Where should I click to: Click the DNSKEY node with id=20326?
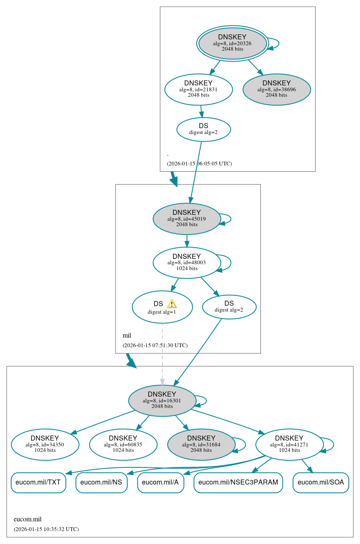click(232, 43)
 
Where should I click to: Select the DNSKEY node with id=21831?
click(198, 89)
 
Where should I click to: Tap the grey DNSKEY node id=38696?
click(276, 89)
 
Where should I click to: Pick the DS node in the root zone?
click(203, 129)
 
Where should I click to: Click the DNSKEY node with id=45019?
click(187, 219)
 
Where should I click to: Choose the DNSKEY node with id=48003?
click(187, 263)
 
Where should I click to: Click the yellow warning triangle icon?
click(172, 304)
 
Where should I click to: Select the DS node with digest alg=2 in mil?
click(229, 307)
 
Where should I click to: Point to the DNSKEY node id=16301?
click(162, 400)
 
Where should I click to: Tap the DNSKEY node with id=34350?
click(45, 444)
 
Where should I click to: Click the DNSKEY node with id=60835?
click(123, 444)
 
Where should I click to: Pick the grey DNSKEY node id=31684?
click(201, 444)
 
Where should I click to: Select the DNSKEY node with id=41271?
click(289, 444)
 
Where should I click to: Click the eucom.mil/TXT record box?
click(38, 482)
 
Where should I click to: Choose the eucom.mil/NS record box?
click(101, 482)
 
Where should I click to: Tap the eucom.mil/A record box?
click(160, 482)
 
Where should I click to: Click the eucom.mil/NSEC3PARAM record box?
click(238, 482)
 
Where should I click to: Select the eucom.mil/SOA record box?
click(321, 482)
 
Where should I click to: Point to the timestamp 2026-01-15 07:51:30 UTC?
click(155, 345)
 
